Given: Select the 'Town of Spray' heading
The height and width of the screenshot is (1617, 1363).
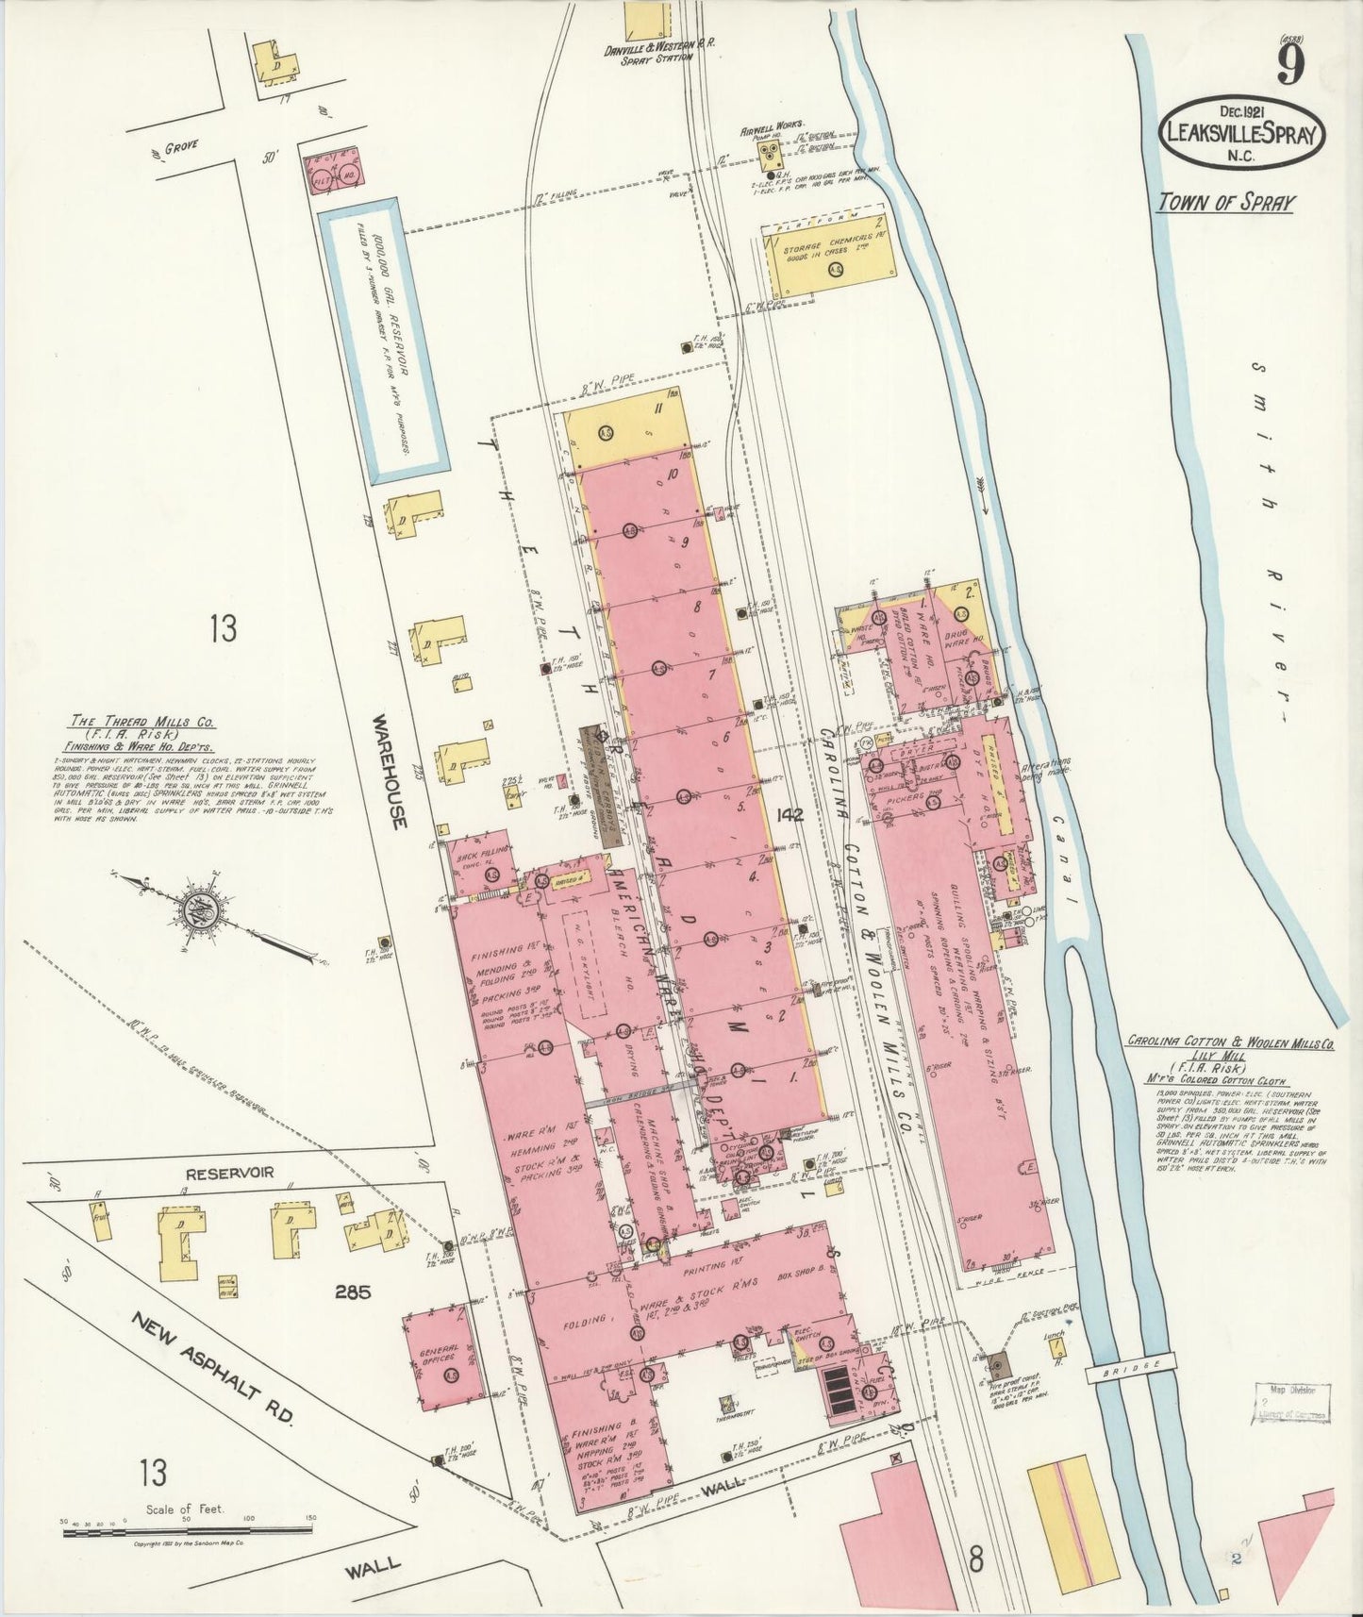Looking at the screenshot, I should click(x=1226, y=202).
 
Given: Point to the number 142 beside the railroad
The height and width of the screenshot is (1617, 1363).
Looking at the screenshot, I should click(x=787, y=815).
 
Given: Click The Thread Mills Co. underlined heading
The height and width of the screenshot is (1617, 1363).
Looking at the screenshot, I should click(x=144, y=723).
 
